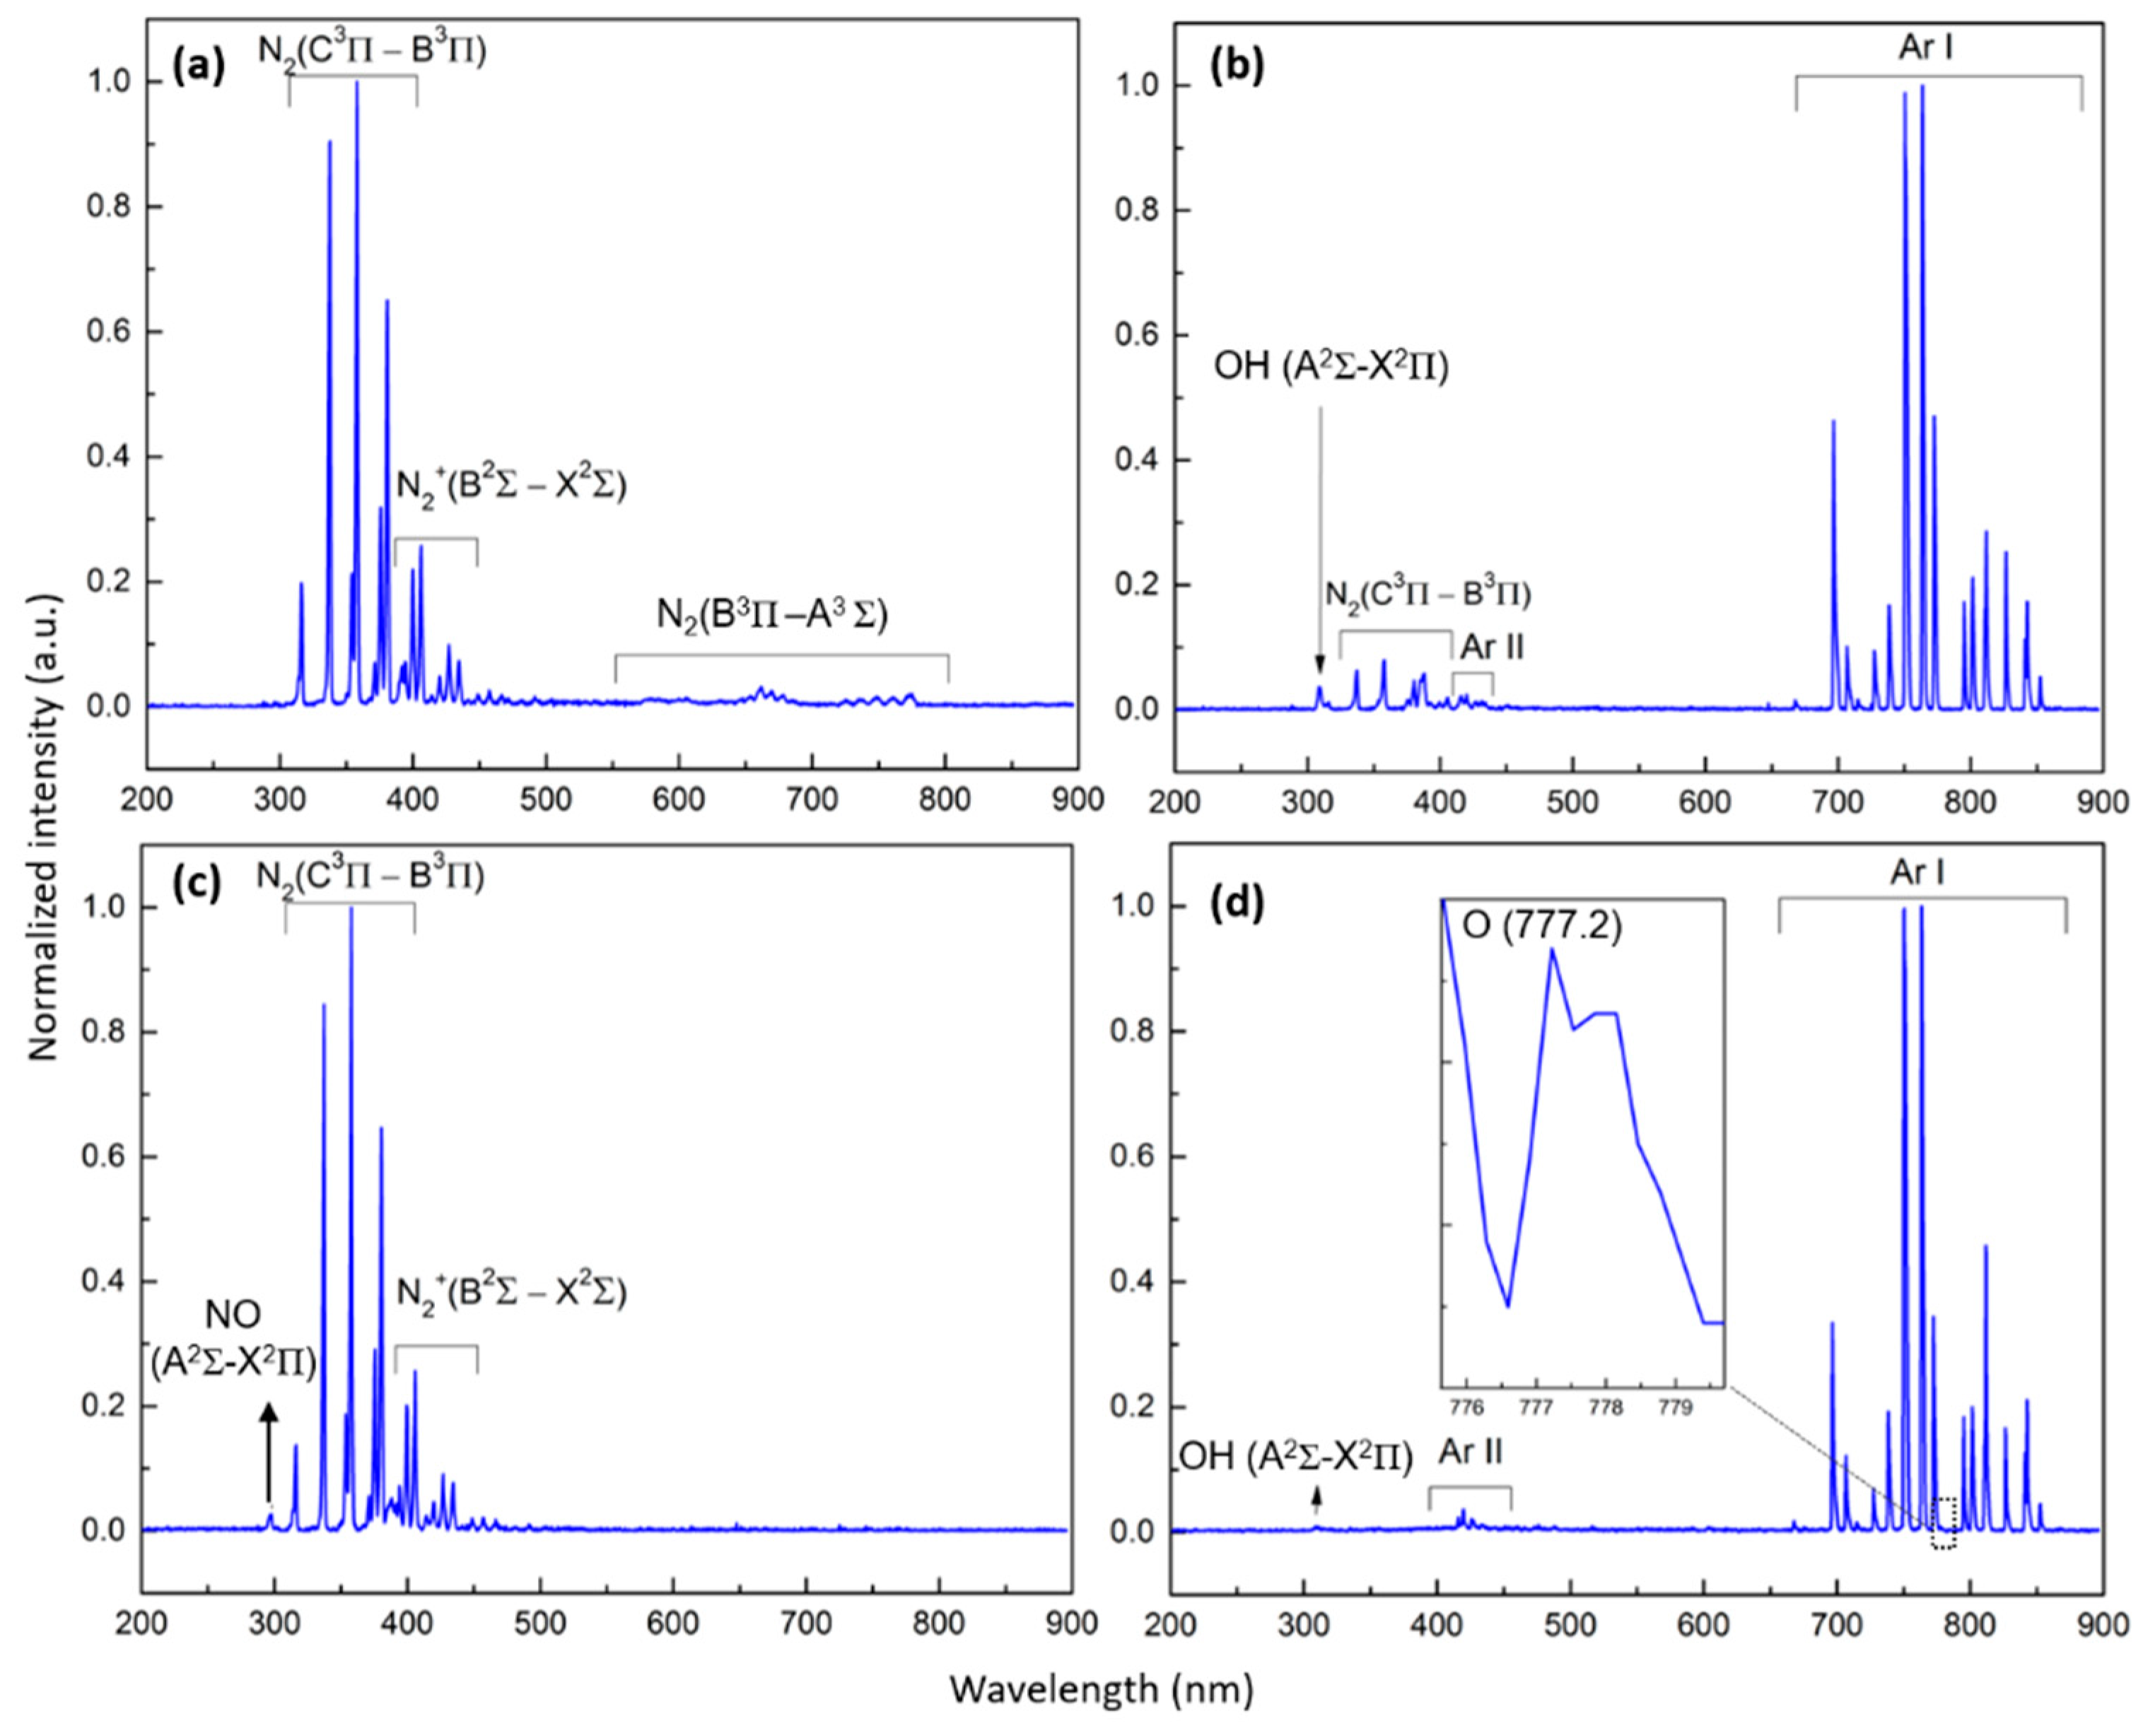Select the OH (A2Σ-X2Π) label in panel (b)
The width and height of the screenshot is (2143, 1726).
(1331, 367)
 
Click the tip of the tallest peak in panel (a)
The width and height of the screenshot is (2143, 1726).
(357, 83)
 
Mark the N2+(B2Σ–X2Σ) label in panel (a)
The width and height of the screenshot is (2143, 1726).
(512, 487)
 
